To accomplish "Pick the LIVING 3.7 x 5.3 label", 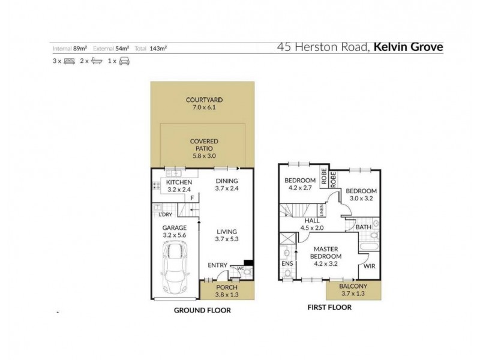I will [227, 235].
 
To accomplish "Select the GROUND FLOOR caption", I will [202, 311].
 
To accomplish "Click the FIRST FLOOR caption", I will [329, 307].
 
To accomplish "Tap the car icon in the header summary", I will [124, 61].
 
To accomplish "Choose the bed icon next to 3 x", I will [69, 61].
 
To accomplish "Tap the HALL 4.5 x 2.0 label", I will [311, 223].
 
